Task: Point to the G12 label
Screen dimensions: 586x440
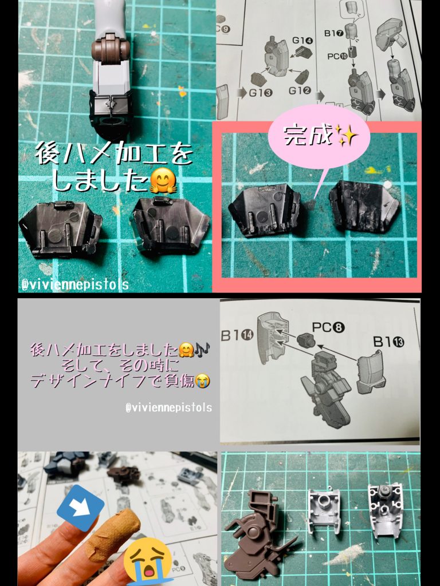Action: pos(300,90)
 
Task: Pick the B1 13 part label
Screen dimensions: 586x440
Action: pos(389,342)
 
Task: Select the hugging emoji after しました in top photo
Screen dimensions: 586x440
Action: pos(162,183)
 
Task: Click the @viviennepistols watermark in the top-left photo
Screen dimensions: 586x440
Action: pos(74,284)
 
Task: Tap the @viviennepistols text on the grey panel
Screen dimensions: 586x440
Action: pos(168,407)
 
